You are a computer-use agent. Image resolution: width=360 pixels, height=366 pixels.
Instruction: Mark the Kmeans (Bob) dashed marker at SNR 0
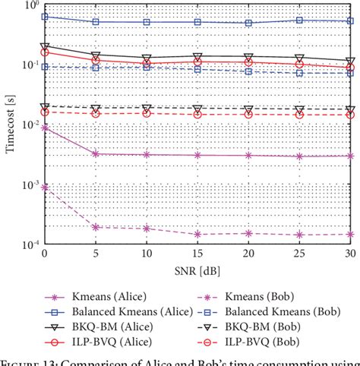[44, 187]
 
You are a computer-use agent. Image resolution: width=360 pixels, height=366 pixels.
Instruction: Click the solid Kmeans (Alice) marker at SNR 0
[44, 128]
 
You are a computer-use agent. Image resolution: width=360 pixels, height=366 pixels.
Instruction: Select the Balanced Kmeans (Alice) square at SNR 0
[44, 16]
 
